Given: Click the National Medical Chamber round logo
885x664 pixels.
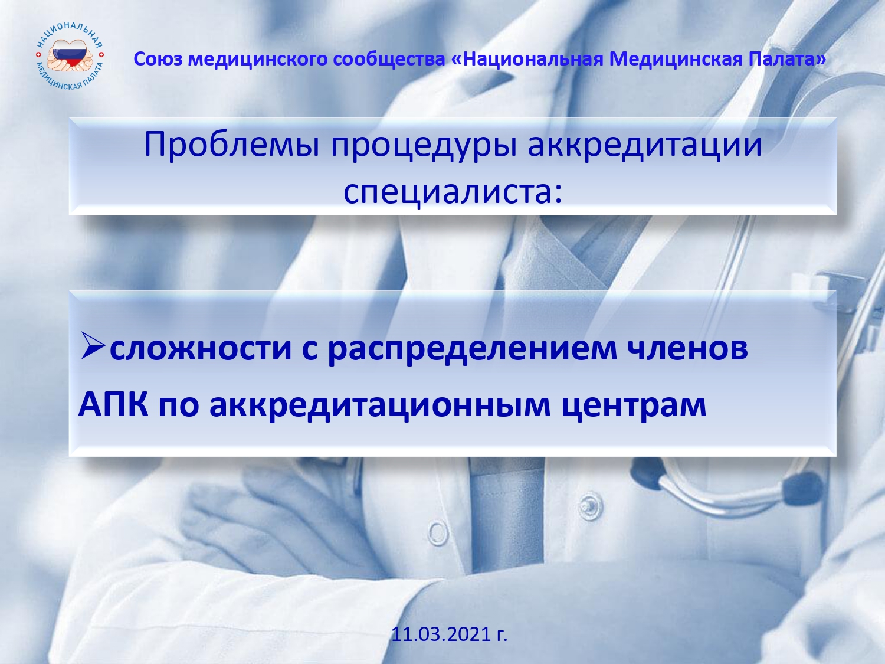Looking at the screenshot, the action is click(70, 56).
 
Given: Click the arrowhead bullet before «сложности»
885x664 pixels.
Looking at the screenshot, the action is click(93, 345).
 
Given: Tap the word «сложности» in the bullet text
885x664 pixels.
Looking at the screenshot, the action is click(201, 348).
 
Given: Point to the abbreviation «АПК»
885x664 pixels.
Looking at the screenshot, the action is click(113, 404).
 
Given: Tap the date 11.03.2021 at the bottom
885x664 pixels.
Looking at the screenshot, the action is click(449, 634).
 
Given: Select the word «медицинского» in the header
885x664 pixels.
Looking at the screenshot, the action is click(258, 60).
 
